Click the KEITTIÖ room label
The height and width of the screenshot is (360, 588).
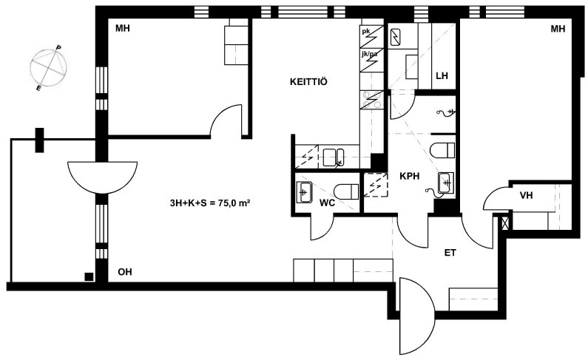pyautogui.click(x=308, y=81)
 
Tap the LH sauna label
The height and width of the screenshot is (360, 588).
pyautogui.click(x=442, y=75)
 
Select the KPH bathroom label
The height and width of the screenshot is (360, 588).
pyautogui.click(x=409, y=176)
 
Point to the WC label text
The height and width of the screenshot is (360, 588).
pyautogui.click(x=327, y=203)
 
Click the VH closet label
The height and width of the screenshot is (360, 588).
pyautogui.click(x=526, y=196)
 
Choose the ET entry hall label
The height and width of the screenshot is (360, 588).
pyautogui.click(x=450, y=253)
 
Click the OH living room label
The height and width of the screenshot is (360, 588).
pyautogui.click(x=125, y=272)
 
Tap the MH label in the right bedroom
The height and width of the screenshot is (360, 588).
pyautogui.click(x=558, y=29)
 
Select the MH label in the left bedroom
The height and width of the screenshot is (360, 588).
pyautogui.click(x=123, y=28)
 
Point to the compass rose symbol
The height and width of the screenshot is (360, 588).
pyautogui.click(x=48, y=68)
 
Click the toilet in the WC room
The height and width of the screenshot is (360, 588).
pyautogui.click(x=346, y=192)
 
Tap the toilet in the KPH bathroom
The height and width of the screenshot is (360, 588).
pyautogui.click(x=442, y=151)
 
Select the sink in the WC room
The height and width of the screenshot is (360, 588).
pyautogui.click(x=305, y=192)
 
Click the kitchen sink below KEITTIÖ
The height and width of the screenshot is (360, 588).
pyautogui.click(x=334, y=157)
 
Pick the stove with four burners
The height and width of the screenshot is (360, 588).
pyautogui.click(x=371, y=100)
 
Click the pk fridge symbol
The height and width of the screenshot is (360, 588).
pyautogui.click(x=371, y=36)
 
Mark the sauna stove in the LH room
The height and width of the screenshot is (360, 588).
pyautogui.click(x=396, y=37)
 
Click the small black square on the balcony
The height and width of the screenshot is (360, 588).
pyautogui.click(x=89, y=276)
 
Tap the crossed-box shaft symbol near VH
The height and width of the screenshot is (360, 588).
pyautogui.click(x=505, y=223)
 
